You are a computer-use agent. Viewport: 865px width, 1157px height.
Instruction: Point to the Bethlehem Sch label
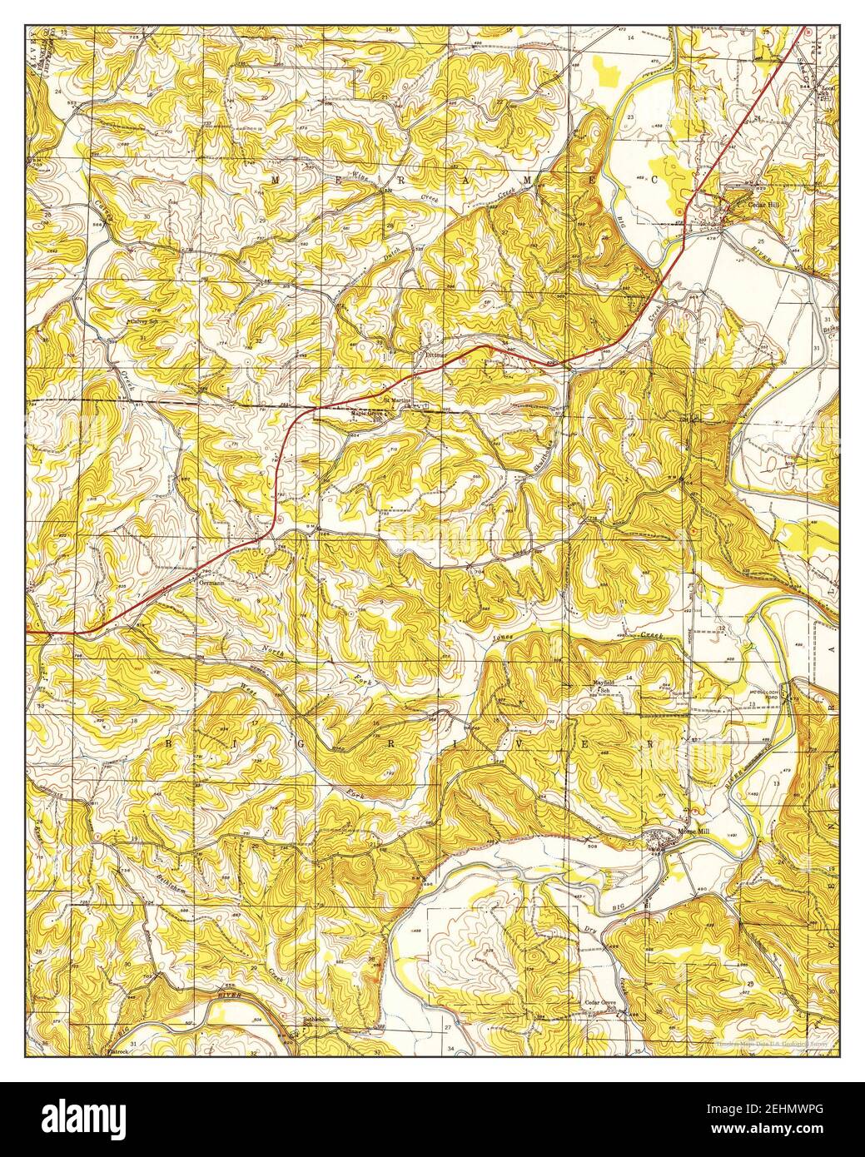pyautogui.click(x=316, y=1020)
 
